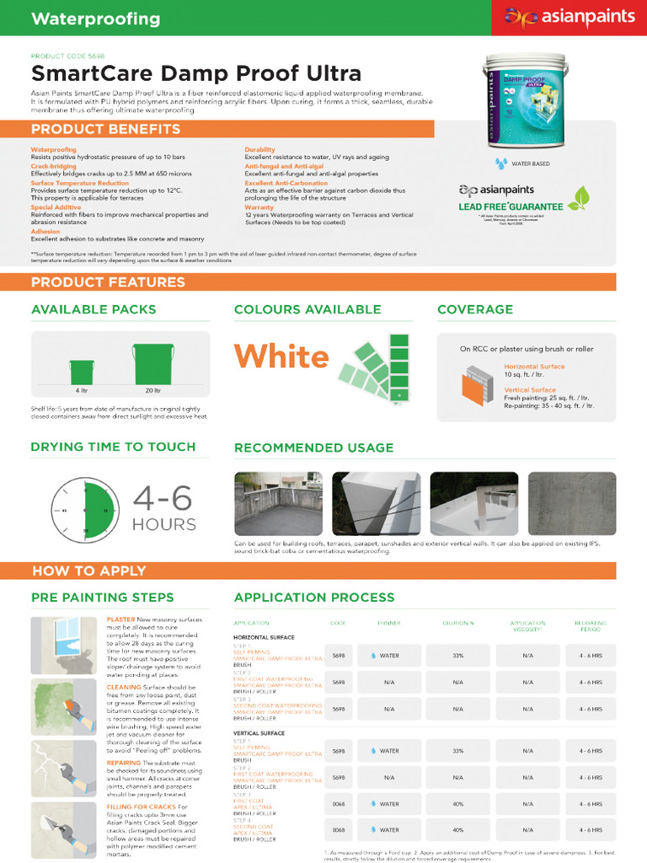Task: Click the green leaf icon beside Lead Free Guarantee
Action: [x=577, y=198]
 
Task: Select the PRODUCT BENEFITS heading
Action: [x=105, y=129]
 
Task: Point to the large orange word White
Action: [x=281, y=356]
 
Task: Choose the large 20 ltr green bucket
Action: [x=152, y=364]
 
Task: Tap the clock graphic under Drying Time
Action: [x=84, y=511]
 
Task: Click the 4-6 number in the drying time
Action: [x=163, y=499]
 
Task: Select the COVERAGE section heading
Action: [x=475, y=309]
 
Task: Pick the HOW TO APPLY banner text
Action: [x=88, y=571]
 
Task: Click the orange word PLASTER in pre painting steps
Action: [x=120, y=619]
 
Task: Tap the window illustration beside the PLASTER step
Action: [x=63, y=645]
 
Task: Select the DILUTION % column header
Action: [x=458, y=623]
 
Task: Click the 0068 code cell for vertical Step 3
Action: [x=339, y=804]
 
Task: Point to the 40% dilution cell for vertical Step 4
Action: [x=458, y=830]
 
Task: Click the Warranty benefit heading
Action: [x=259, y=206]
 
